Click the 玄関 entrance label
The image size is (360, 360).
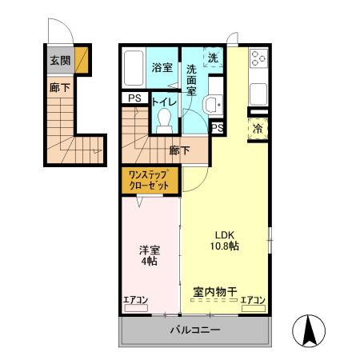coord(58,60)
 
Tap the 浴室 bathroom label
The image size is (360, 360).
coord(162,67)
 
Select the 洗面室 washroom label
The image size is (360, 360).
coord(193,80)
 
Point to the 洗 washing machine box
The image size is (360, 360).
coord(213,58)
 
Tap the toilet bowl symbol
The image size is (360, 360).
coord(165,119)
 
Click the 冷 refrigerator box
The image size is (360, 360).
coord(258,128)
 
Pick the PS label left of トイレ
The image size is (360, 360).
coord(134,99)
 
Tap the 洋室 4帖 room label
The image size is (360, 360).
coord(150,254)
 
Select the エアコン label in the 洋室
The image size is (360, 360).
coord(136,300)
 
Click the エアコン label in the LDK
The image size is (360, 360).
coord(253,300)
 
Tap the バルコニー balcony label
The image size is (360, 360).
coord(194,330)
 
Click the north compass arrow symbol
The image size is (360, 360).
coord(309,330)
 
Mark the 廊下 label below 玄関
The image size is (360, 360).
coord(58,89)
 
